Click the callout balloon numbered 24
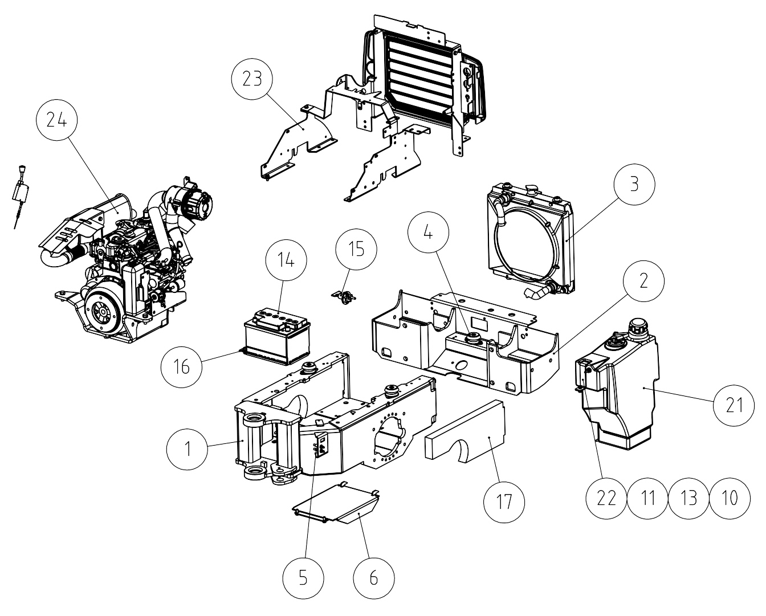[56, 120]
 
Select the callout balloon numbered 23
[252, 79]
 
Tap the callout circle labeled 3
[634, 184]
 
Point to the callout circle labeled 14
[286, 260]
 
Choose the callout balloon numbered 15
[356, 249]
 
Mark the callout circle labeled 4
[428, 232]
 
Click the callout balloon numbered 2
[643, 281]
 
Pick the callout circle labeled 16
[181, 367]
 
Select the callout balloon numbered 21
[734, 406]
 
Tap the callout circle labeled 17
[504, 502]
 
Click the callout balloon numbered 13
[688, 498]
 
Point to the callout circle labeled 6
[374, 578]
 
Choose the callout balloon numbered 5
[303, 578]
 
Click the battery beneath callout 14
[278, 338]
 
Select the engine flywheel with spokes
[103, 312]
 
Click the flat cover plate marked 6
[336, 504]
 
